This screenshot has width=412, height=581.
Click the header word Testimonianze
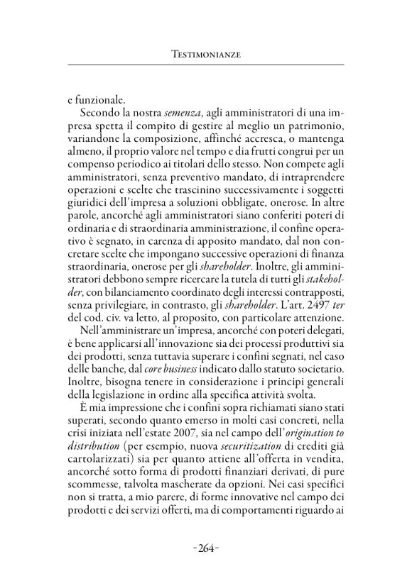pos(206,54)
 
